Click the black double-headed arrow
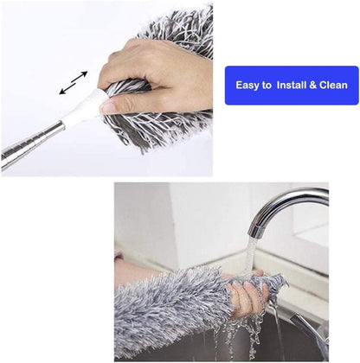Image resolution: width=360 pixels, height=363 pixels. [x=74, y=83]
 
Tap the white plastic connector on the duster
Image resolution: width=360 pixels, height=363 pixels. [x=90, y=111]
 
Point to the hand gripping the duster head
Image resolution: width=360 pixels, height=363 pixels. [x=159, y=73]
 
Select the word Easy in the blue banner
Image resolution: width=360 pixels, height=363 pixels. [x=254, y=85]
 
